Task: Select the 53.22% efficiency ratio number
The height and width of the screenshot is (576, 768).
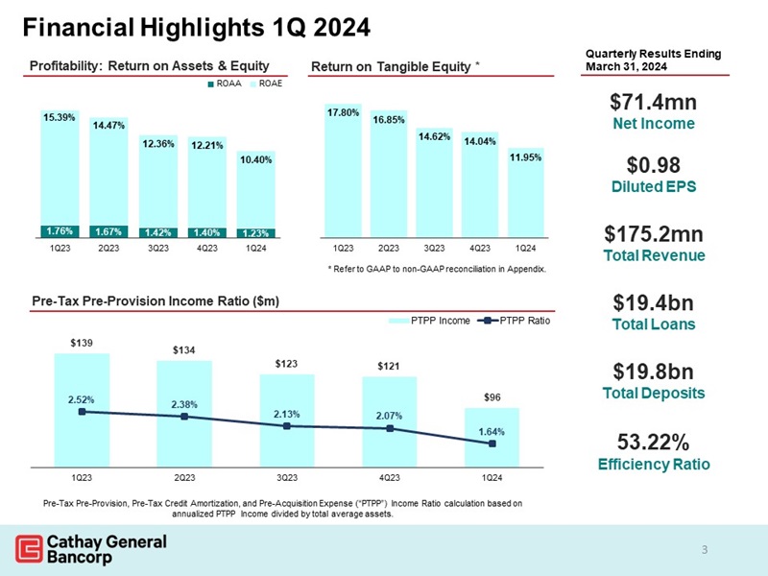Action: pyautogui.click(x=652, y=443)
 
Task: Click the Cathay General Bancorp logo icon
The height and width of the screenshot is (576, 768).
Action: pyautogui.click(x=27, y=548)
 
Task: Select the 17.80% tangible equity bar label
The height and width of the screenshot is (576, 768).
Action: pyautogui.click(x=343, y=112)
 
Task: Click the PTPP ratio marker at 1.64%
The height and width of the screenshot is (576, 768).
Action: pyautogui.click(x=492, y=444)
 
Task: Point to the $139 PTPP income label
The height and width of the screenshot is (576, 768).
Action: pyautogui.click(x=82, y=341)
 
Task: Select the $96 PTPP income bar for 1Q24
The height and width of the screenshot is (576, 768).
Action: pyautogui.click(x=492, y=437)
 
